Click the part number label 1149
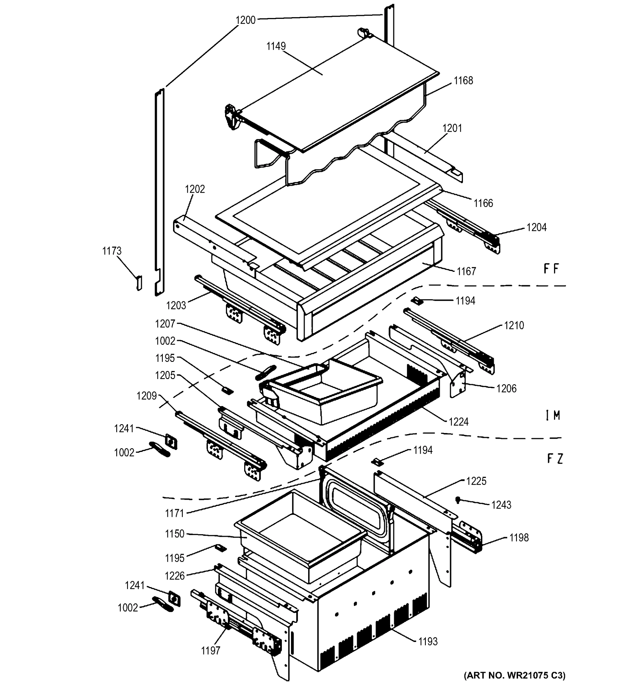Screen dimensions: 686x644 (276, 46)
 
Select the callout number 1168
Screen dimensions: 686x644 (463, 80)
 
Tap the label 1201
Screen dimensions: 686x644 (452, 128)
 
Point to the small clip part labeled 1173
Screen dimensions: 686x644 (139, 283)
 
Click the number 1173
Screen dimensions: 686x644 (112, 251)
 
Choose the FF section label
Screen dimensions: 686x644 (551, 269)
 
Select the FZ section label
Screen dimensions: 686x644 (555, 458)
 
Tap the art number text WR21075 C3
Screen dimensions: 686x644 (514, 675)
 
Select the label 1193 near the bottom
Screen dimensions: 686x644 (428, 641)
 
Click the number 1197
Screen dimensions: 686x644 (210, 651)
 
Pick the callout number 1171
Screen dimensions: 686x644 (174, 513)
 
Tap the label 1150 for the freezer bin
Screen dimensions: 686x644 (174, 534)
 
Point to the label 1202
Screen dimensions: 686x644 (195, 189)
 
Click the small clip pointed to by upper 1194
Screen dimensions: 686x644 (418, 301)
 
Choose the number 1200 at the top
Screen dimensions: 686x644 (246, 20)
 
